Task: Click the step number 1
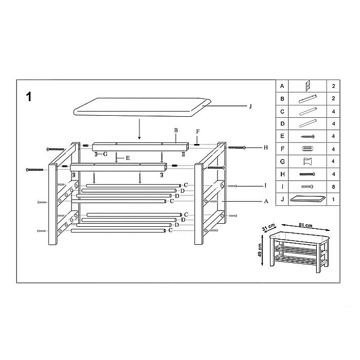click(30, 97)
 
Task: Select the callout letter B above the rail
click(175, 131)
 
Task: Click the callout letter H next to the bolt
click(266, 148)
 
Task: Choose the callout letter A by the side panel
click(266, 202)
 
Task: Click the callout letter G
click(105, 154)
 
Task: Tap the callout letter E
click(127, 158)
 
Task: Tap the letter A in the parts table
click(282, 85)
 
